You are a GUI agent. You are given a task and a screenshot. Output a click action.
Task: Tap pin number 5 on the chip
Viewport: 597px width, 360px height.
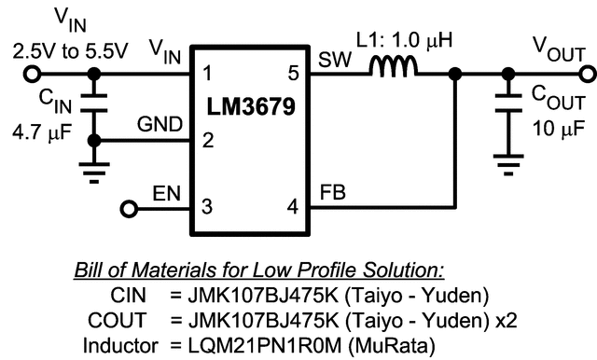pyautogui.click(x=293, y=72)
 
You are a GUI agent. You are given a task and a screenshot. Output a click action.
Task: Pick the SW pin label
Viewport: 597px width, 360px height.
pyautogui.click(x=333, y=59)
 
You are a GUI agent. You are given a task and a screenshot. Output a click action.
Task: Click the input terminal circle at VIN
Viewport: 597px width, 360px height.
pyautogui.click(x=33, y=73)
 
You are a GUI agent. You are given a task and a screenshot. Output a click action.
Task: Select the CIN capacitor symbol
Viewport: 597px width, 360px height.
pyautogui.click(x=93, y=106)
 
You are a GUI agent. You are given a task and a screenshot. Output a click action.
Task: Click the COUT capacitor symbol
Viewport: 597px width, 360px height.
pyautogui.click(x=508, y=106)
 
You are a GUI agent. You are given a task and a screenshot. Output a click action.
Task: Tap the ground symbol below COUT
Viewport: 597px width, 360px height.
pyautogui.click(x=508, y=168)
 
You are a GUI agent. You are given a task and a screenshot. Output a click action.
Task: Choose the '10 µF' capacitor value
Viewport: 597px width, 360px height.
pyautogui.click(x=557, y=127)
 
